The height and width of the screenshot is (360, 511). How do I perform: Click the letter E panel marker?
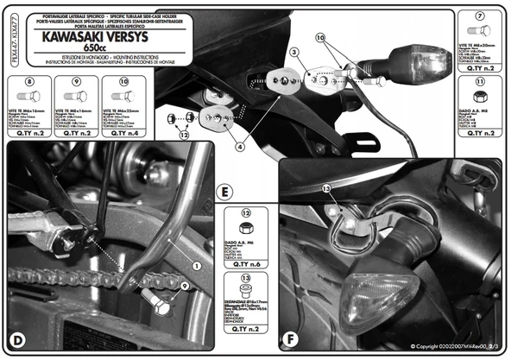pos(224,189)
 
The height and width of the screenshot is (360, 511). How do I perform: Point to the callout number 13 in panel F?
pos(326,188)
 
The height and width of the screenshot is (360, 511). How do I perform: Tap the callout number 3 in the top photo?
pos(293,53)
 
